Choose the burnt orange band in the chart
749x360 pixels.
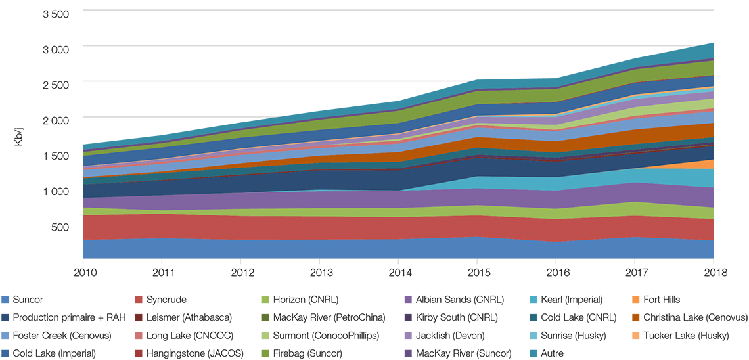point(591,139)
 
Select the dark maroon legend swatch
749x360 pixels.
point(137,317)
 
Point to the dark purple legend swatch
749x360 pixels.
point(402,317)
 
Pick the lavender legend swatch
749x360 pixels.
point(402,334)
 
